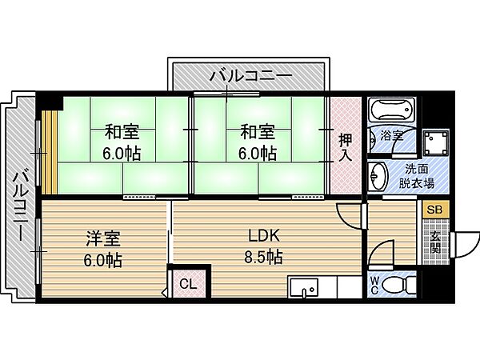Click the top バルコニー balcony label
coord(250,77)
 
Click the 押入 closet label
coord(346,146)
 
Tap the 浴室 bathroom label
coord(390,135)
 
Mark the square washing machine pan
coord(438,143)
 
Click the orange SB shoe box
coord(434,210)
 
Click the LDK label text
coord(262,237)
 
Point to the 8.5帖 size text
coord(264,258)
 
